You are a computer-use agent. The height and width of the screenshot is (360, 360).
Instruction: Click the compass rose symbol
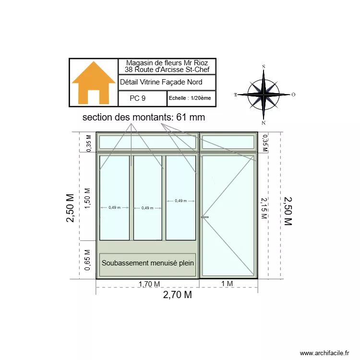point(264,95)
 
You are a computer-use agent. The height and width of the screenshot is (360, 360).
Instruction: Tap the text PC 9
point(137,98)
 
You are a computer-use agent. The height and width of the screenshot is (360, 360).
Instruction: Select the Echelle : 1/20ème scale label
point(190,98)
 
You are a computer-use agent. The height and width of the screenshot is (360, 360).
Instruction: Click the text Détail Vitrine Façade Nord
point(161,82)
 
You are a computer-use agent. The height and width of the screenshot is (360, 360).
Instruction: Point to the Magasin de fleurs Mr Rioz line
point(167,63)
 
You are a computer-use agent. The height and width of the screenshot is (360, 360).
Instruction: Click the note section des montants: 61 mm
point(144,118)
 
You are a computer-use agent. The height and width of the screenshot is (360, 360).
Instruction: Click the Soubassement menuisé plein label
point(148,263)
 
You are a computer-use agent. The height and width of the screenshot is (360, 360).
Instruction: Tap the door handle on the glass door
point(205,217)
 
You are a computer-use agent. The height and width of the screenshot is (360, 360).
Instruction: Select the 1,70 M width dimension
point(149,284)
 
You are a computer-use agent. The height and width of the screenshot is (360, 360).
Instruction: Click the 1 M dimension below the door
point(227,284)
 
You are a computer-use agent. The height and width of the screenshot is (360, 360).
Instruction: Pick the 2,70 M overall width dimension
point(177,295)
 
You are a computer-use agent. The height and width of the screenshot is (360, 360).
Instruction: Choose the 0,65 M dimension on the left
point(87,260)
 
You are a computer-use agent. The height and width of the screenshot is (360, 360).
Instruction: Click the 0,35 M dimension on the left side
point(88,144)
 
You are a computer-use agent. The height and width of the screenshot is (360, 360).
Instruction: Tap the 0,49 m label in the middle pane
point(147,208)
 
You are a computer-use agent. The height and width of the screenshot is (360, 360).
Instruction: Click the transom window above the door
point(228,142)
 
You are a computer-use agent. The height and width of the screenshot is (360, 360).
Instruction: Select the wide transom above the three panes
point(147,142)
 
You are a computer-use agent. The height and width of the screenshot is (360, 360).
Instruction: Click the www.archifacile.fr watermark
point(325,353)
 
